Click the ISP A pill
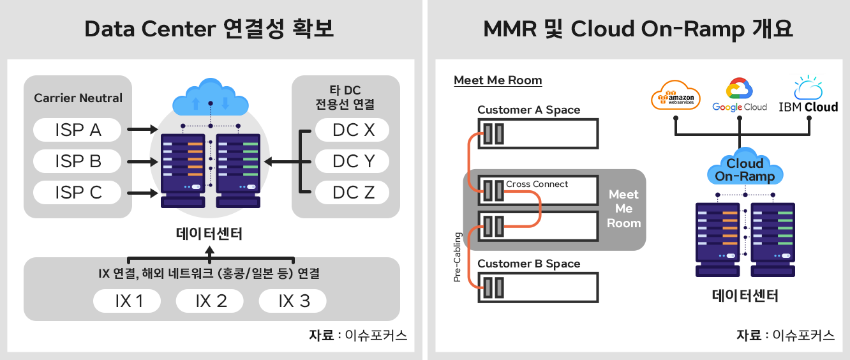coord(77,130)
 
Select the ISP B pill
coord(77,161)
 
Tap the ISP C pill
coord(77,193)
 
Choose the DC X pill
coord(352,130)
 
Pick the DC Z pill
coord(352,193)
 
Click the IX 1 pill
coord(127,301)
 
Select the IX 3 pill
coord(292,301)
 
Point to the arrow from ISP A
coord(142,130)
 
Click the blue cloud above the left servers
coord(211,97)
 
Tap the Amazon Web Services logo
coord(675,95)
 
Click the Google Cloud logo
coord(739,95)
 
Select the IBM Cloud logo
coord(809,95)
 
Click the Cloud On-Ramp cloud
coord(745,167)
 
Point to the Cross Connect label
coord(537,184)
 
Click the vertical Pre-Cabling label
coord(458,257)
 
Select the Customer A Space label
coord(528,110)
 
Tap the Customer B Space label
coord(528,264)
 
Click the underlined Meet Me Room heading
coord(498,80)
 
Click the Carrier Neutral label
coord(78,98)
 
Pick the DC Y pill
coord(352,161)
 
